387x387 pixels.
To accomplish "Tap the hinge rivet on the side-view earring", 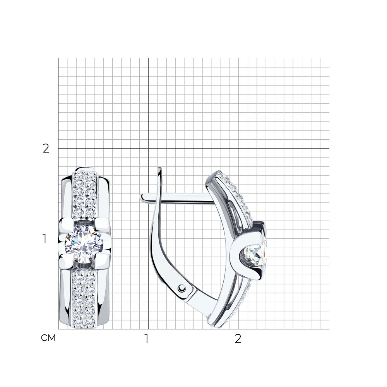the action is click(x=182, y=288).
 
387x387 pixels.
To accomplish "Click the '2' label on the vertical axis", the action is click(x=46, y=149).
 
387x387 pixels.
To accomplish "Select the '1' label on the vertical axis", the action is click(x=45, y=239).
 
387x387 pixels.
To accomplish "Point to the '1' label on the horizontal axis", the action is click(x=147, y=339).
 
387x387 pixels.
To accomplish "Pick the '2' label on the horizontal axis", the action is click(x=238, y=339).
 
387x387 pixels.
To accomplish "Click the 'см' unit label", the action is click(x=48, y=338).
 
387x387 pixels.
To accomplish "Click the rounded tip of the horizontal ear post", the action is click(x=142, y=197).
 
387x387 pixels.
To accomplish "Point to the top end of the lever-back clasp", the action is click(x=159, y=168).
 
